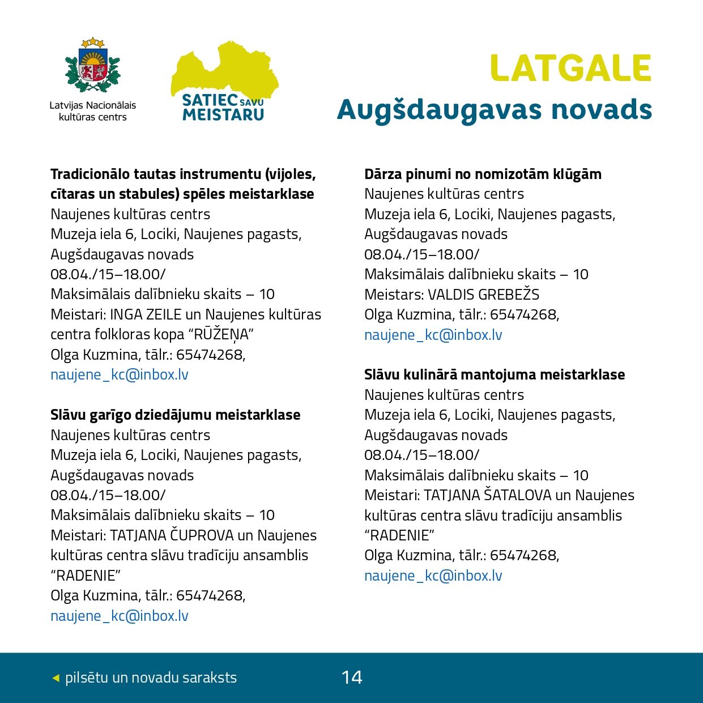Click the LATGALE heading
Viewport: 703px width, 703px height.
[x=570, y=69]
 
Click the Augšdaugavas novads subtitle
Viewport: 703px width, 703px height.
[x=494, y=110]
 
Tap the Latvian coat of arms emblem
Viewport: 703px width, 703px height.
[x=93, y=66]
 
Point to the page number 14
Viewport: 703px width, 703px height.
[x=352, y=678]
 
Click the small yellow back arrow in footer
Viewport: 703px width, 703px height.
[x=56, y=678]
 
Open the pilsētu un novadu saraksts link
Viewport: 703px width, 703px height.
[x=151, y=678]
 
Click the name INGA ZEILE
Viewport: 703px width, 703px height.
[x=146, y=315]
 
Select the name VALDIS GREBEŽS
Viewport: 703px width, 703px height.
[x=483, y=295]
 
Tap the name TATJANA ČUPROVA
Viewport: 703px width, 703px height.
[x=172, y=536]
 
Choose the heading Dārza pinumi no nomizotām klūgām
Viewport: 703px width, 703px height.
[x=483, y=174]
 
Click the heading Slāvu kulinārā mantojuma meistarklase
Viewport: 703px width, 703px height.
[x=495, y=375]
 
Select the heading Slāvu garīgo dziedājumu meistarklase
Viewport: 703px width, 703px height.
[x=176, y=415]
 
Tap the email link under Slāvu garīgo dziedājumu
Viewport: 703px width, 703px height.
[x=120, y=616]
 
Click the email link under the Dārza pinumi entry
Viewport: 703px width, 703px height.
[x=433, y=335]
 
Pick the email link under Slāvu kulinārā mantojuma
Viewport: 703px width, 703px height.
[x=433, y=576]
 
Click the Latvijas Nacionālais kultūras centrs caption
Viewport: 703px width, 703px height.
[x=93, y=111]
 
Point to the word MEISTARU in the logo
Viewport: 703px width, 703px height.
[x=223, y=115]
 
